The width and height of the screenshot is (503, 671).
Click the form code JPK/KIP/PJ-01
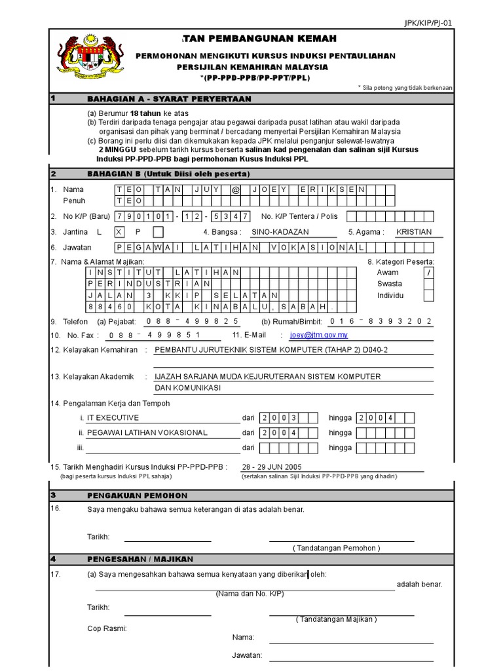[428, 23]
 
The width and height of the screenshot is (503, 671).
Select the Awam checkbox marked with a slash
[428, 273]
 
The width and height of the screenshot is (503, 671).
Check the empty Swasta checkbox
[428, 284]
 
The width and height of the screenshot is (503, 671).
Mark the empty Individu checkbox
[428, 296]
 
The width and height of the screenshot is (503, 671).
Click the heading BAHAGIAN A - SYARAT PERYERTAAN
[169, 99]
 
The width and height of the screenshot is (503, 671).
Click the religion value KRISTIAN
[414, 232]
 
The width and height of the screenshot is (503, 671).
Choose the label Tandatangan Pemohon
[337, 548]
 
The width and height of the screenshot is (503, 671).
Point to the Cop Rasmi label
[107, 628]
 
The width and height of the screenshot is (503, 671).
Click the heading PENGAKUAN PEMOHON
[137, 495]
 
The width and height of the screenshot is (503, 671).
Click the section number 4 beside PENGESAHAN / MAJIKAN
[53, 559]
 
